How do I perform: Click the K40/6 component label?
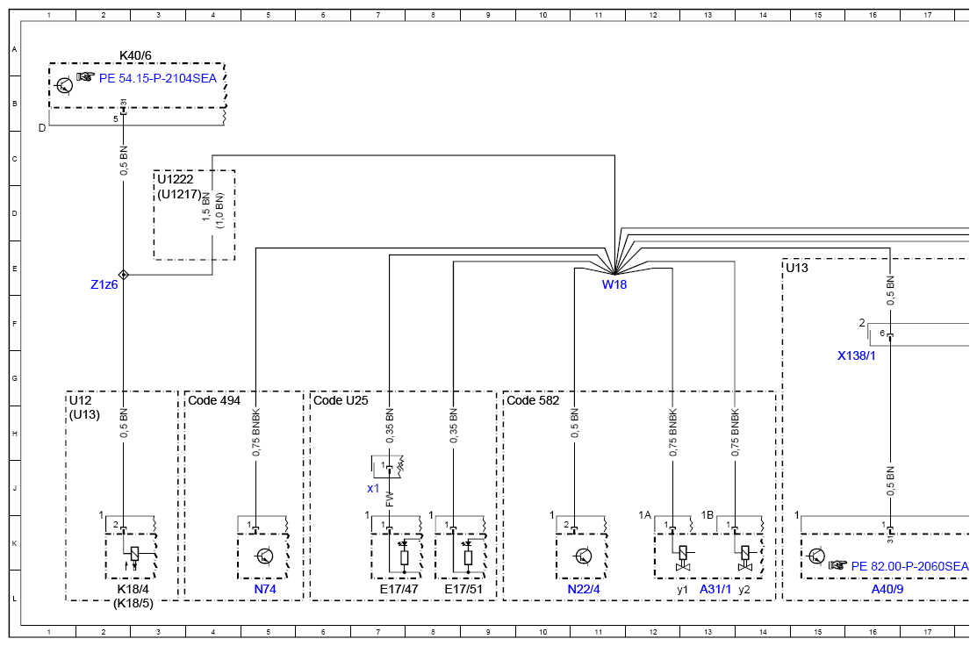point(135,55)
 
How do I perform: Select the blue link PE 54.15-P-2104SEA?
point(158,78)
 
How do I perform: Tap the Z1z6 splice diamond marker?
point(124,275)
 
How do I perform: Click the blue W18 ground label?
point(614,284)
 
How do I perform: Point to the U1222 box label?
point(175,179)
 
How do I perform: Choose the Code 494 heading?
point(214,400)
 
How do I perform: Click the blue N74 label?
point(265,589)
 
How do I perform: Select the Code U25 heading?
point(341,400)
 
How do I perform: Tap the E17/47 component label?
point(399,589)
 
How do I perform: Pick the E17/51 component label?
point(463,589)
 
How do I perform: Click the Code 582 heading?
point(533,400)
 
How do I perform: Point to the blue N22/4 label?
point(584,589)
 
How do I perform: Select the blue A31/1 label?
point(715,589)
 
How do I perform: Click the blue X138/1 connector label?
point(856,355)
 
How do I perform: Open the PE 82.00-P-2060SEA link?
point(909,566)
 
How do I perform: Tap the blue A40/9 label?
point(887,589)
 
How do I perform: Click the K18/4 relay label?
point(133,589)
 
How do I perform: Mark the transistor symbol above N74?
point(264,556)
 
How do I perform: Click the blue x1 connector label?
point(373,488)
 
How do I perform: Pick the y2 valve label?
point(744,590)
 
